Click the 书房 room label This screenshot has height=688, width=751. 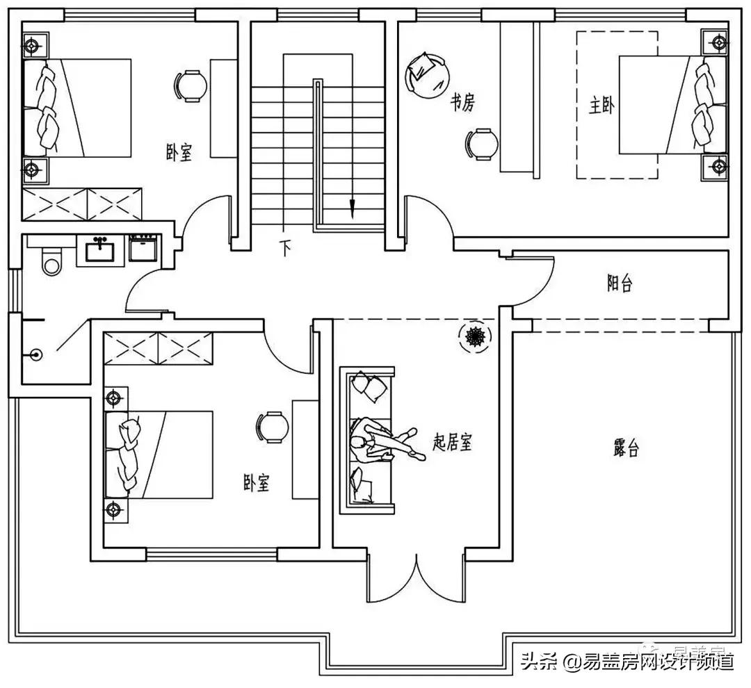462,104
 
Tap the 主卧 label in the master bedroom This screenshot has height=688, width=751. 601,108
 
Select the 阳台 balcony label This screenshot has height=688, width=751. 619,284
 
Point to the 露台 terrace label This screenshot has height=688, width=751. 626,448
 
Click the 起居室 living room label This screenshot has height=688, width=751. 453,442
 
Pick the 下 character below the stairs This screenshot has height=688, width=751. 285,248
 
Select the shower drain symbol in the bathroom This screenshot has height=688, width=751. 36,354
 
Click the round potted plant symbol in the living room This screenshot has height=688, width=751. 476,336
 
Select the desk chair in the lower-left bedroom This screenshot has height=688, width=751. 272,426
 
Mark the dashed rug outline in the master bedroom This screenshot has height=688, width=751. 617,105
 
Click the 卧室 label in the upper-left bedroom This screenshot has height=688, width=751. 179,153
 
